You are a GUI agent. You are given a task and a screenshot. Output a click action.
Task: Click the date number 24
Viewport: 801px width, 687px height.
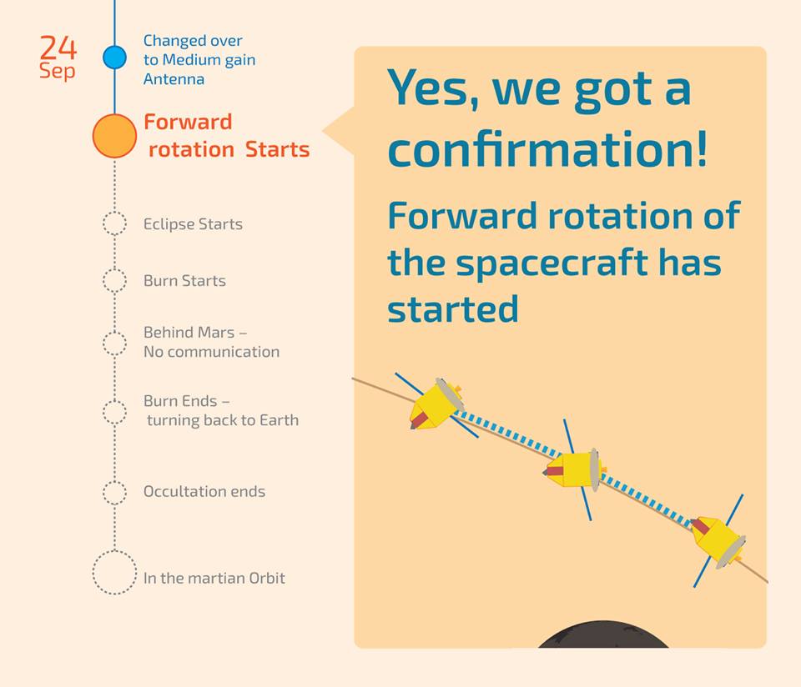58,48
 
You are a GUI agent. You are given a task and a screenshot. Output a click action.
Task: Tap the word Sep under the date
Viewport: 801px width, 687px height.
57,71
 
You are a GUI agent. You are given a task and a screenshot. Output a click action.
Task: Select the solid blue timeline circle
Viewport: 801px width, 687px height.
114,58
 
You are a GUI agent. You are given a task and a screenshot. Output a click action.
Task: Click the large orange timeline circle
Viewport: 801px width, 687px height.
114,136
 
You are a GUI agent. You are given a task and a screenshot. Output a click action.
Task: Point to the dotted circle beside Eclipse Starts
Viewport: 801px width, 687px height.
114,223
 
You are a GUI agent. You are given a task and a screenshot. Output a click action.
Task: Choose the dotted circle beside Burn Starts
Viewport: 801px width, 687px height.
114,280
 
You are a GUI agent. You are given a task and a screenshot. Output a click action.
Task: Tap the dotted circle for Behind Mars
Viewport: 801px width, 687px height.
114,343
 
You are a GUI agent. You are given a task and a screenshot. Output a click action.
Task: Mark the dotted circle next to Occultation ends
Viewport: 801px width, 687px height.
114,492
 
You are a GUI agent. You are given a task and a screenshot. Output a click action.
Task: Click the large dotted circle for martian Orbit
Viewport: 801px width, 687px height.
114,573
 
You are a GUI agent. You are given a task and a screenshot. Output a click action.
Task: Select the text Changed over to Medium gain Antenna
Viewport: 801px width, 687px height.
199,59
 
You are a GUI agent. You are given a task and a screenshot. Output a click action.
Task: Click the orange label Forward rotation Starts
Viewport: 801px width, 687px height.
226,136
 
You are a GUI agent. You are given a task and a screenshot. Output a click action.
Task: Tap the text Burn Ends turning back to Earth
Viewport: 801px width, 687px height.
220,411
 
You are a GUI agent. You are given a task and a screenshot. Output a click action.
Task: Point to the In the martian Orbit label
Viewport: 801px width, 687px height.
214,578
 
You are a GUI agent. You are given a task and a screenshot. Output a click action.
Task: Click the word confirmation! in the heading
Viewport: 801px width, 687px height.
547,150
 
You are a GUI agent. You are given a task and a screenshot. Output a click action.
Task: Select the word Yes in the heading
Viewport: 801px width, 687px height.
431,88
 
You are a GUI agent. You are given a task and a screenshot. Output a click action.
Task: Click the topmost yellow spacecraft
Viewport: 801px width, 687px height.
436,404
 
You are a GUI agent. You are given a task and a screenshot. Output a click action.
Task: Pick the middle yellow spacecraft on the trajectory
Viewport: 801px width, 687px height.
576,469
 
